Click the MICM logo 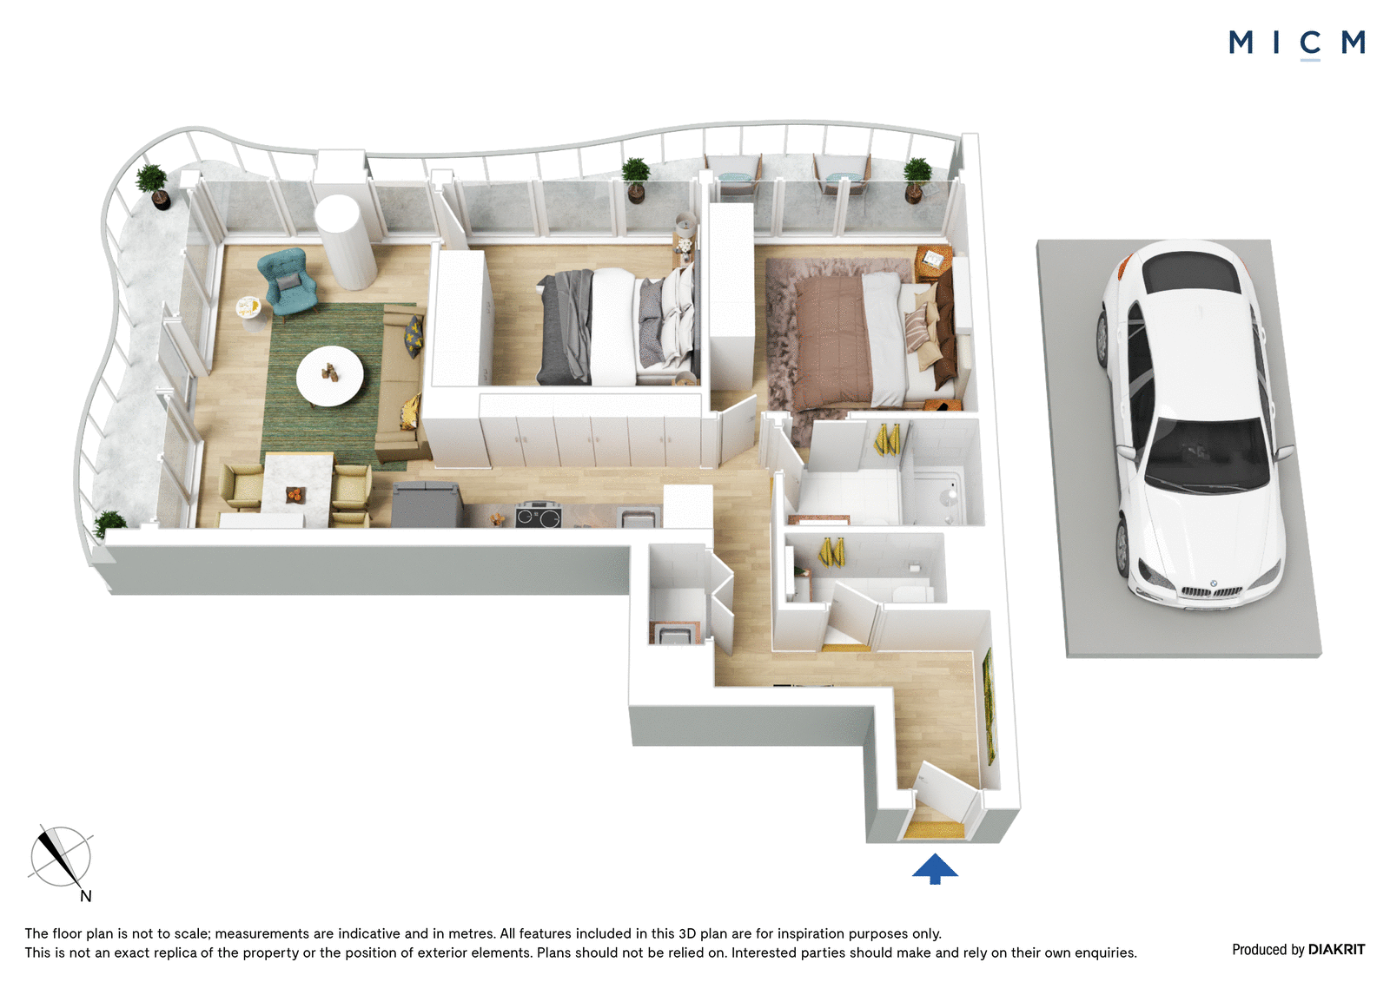tap(1296, 43)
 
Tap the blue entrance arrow tap(935, 868)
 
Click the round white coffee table tap(329, 376)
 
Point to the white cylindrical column tap(344, 241)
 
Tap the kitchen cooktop tap(539, 516)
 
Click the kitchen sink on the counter tap(638, 517)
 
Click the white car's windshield tap(1204, 455)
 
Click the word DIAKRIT tap(1337, 949)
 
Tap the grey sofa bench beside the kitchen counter tap(427, 504)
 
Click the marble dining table tap(296, 490)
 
